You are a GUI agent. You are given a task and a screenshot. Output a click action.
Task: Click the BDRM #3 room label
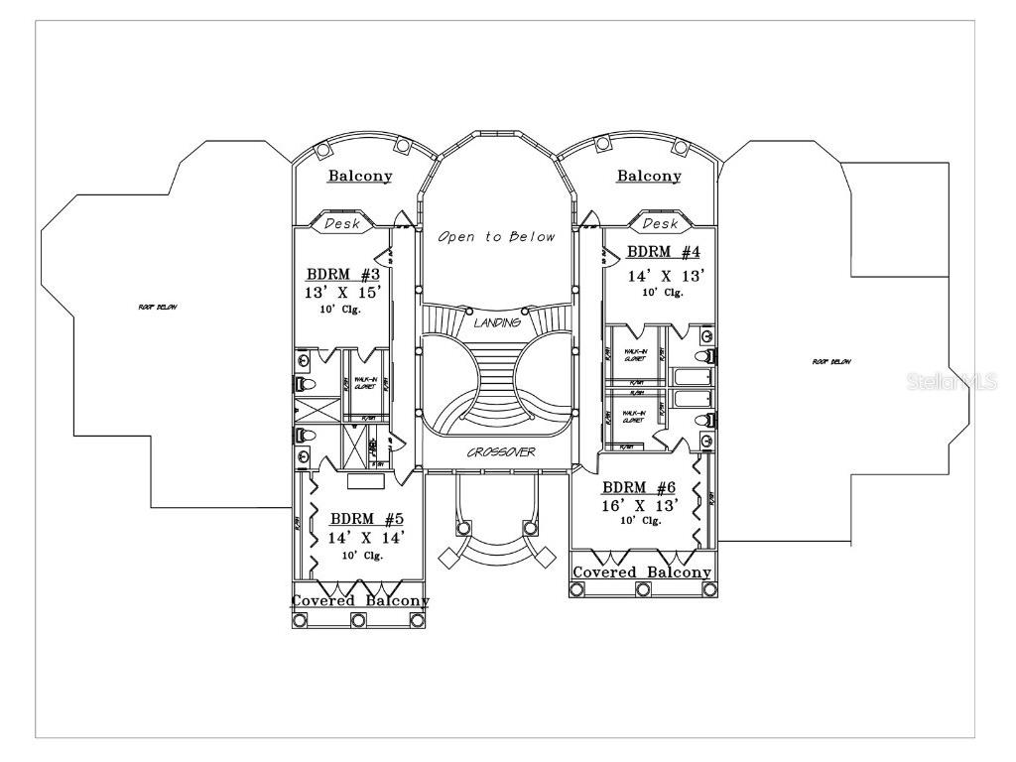click(343, 274)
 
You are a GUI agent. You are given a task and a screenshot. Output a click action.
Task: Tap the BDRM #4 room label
click(664, 252)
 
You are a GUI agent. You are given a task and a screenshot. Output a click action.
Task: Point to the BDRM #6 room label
click(639, 487)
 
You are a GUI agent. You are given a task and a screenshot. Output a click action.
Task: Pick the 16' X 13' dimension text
click(640, 505)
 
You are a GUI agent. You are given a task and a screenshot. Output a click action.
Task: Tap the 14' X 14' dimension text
click(367, 538)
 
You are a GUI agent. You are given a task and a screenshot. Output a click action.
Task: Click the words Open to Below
click(496, 237)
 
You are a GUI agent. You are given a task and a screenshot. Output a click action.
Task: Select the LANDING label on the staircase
click(497, 323)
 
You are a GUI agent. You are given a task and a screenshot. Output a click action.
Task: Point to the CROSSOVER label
click(501, 452)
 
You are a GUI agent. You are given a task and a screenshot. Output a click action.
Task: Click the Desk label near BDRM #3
click(342, 224)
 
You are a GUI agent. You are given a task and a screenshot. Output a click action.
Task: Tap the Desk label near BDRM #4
click(660, 224)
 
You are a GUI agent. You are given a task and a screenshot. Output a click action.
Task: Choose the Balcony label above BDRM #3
click(359, 177)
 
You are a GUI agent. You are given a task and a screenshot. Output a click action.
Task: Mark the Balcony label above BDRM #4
click(649, 177)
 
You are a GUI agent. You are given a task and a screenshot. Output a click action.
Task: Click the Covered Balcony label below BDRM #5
click(359, 601)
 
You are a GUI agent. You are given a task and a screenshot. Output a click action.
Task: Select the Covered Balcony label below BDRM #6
click(642, 572)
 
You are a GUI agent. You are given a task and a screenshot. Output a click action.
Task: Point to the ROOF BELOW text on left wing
click(158, 308)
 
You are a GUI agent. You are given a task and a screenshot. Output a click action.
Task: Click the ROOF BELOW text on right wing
click(831, 361)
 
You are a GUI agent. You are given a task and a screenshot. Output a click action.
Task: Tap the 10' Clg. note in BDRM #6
click(640, 521)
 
